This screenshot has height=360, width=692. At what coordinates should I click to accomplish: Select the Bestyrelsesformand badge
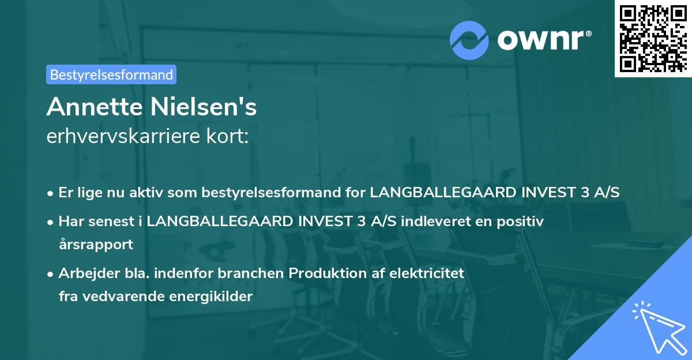pyautogui.click(x=111, y=74)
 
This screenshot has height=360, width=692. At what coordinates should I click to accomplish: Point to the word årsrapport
pyautogui.click(x=96, y=244)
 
